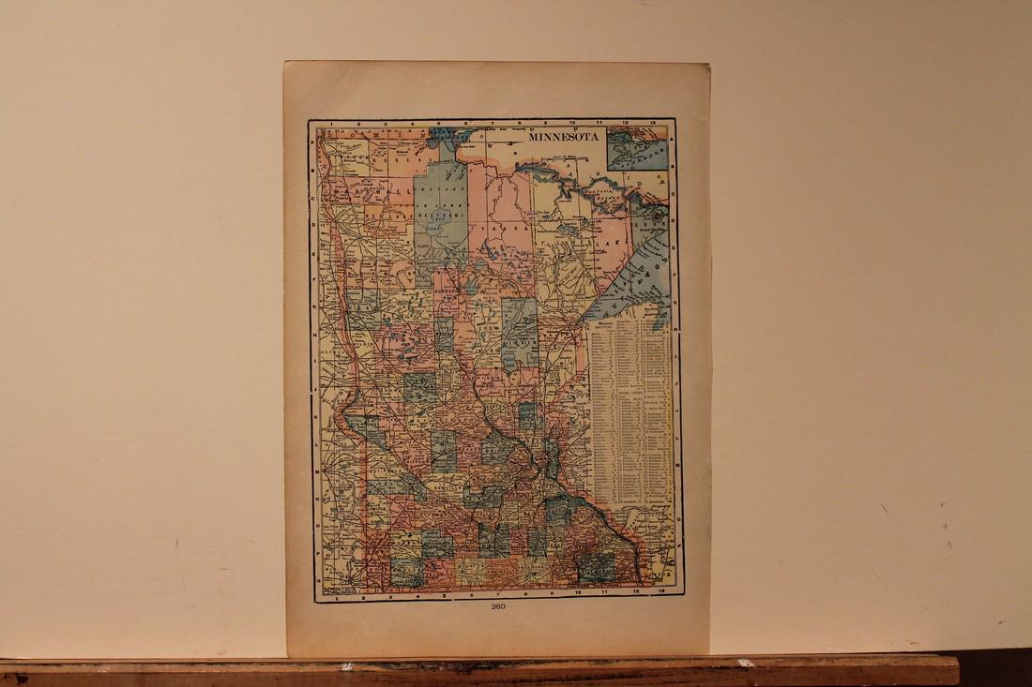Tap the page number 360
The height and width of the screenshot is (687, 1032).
497,606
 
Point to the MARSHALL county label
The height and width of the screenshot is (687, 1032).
375,188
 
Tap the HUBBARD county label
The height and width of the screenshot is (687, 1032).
445,291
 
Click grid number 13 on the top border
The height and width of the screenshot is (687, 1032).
651,123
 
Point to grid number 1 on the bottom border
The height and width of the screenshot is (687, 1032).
336,596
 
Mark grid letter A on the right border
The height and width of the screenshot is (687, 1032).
675,132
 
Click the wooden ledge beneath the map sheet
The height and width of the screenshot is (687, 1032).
469,671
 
